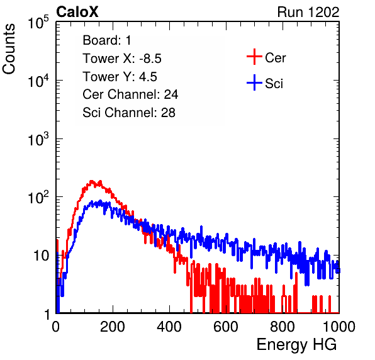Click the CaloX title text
(x=77, y=12)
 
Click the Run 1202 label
(x=308, y=12)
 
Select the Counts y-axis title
(x=9, y=49)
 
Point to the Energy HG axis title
(x=296, y=344)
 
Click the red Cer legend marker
(x=254, y=57)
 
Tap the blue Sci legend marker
(x=254, y=83)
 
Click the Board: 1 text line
(x=107, y=40)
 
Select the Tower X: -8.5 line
(x=122, y=59)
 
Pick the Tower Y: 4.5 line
(x=120, y=77)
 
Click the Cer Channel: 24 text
(x=130, y=94)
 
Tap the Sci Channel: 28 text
(x=129, y=113)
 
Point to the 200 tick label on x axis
(x=113, y=327)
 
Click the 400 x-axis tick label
(x=169, y=327)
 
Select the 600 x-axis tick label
(x=226, y=327)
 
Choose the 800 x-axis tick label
(x=283, y=327)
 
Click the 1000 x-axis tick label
(x=339, y=327)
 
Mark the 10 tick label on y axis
(x=42, y=256)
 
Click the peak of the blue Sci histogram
(x=101, y=201)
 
